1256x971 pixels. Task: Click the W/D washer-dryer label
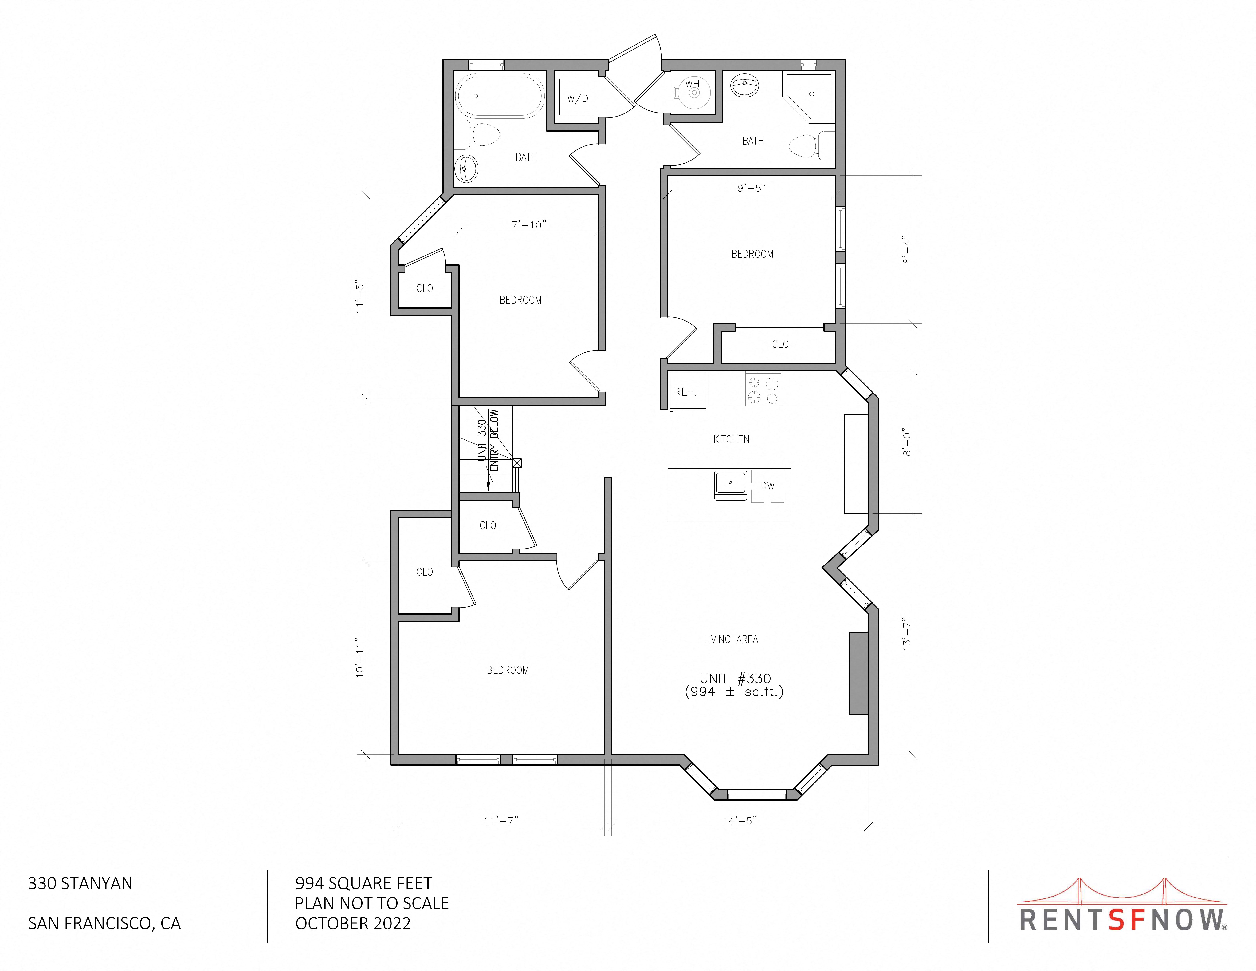(577, 98)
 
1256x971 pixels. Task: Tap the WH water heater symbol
(693, 92)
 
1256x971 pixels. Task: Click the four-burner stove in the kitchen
(763, 389)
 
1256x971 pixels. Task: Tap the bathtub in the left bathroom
(500, 96)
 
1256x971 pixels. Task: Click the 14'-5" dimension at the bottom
(740, 821)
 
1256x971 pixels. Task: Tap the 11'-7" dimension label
(501, 821)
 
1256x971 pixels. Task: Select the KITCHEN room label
(731, 439)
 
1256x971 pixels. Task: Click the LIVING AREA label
(731, 639)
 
